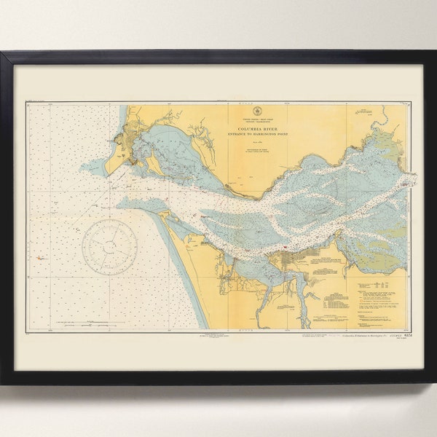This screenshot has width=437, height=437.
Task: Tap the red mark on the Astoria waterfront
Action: click(285, 253)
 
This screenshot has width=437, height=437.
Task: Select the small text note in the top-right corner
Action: click(361, 111)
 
